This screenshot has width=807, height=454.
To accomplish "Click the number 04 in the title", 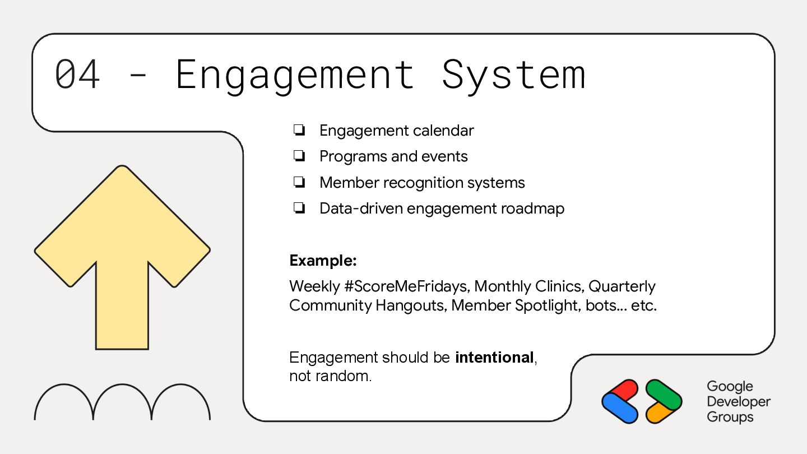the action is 77,74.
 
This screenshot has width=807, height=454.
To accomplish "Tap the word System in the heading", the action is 513,75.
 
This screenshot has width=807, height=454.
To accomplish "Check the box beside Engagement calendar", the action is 299,131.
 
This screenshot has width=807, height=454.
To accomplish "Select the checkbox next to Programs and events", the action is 299,156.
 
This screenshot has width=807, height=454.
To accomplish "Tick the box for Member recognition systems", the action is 299,183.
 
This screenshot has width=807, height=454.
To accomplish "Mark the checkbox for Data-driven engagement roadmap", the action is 299,209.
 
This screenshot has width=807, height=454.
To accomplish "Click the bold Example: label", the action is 323,261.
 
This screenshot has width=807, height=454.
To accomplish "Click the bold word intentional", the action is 494,357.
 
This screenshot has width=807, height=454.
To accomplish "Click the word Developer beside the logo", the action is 738,402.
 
